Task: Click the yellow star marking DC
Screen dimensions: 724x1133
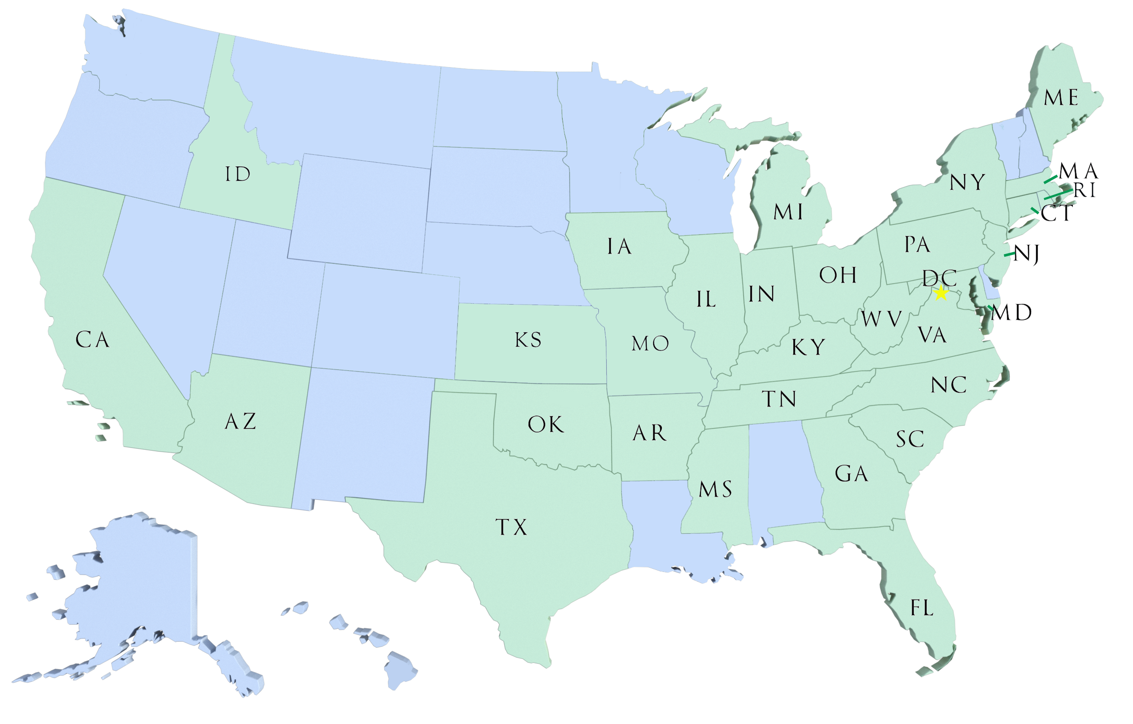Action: point(940,294)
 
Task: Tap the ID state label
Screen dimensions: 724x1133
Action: point(238,175)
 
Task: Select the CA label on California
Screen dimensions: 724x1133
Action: point(92,340)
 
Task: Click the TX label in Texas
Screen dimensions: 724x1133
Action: point(511,527)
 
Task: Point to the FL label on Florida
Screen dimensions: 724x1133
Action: point(922,608)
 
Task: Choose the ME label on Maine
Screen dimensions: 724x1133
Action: point(1061,98)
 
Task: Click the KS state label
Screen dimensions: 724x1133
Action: point(528,340)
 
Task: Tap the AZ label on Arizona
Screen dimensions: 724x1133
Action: point(240,422)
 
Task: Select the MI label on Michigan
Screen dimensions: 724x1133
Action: point(788,213)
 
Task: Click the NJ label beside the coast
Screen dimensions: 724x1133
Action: point(1026,255)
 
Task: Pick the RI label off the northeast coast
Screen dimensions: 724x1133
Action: point(1085,191)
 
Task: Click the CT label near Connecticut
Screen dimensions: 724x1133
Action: point(1057,214)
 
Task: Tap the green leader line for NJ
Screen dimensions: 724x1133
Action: point(1009,255)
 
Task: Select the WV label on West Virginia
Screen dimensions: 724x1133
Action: point(881,320)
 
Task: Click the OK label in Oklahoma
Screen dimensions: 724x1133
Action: point(545,424)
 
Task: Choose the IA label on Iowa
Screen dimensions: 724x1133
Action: point(619,247)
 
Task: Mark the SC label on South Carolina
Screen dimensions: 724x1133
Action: point(910,440)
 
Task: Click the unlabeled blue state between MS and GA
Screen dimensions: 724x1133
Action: point(783,475)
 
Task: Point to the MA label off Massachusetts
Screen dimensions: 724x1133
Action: point(1079,172)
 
